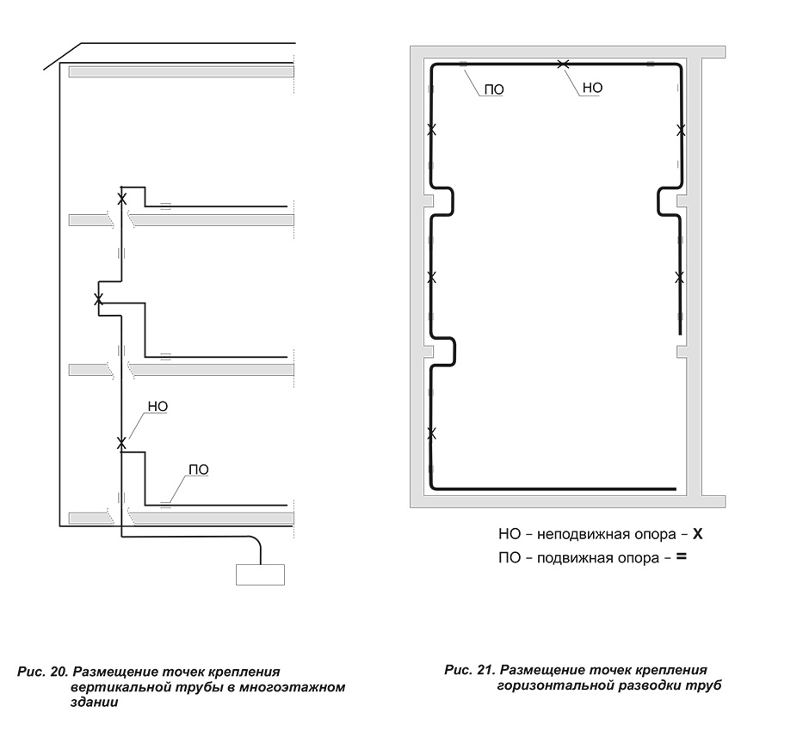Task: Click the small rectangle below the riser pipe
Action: pyautogui.click(x=260, y=574)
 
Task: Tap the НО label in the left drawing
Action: pyautogui.click(x=157, y=407)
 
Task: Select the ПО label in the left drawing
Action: pyautogui.click(x=199, y=470)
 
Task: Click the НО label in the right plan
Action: pyautogui.click(x=592, y=88)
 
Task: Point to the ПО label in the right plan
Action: pyautogui.click(x=494, y=89)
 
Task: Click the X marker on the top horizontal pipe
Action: pyautogui.click(x=564, y=64)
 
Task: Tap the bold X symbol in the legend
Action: pyautogui.click(x=698, y=533)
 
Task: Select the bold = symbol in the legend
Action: pyautogui.click(x=682, y=556)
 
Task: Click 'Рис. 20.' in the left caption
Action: pyautogui.click(x=42, y=673)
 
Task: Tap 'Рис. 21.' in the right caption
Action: pyautogui.click(x=470, y=670)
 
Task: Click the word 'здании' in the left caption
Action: pyautogui.click(x=94, y=702)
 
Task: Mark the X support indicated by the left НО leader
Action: pyautogui.click(x=121, y=443)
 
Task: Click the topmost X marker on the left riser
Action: pyautogui.click(x=121, y=199)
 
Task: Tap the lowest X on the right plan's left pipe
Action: pyautogui.click(x=431, y=433)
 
